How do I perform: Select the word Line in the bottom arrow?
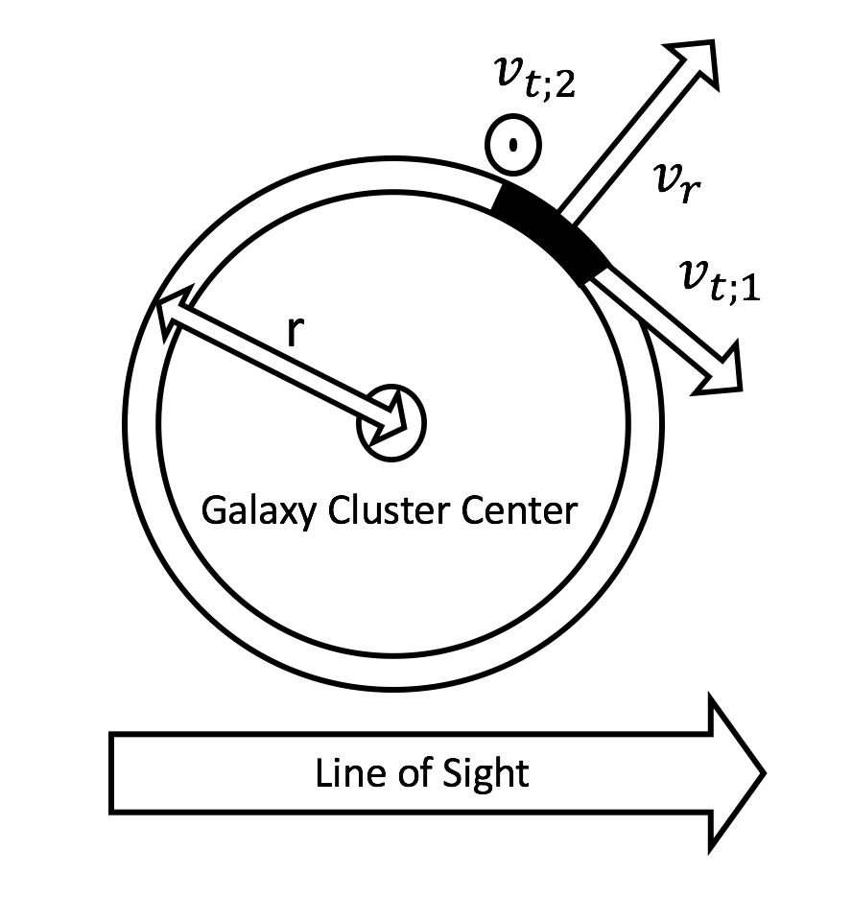343,772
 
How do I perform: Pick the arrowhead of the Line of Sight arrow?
735,773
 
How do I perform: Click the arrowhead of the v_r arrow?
693,65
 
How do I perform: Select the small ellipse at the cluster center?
390,423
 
